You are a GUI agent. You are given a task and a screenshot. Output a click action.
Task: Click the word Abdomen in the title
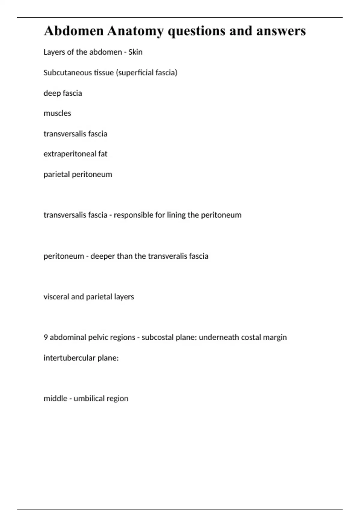pyautogui.click(x=74, y=31)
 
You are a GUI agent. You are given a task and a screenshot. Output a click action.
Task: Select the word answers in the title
pyautogui.click(x=281, y=31)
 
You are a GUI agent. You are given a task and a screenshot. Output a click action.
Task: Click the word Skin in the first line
pyautogui.click(x=135, y=52)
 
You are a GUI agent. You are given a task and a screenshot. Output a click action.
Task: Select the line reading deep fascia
pyautogui.click(x=63, y=93)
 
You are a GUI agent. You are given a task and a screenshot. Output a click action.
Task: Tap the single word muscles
pyautogui.click(x=57, y=113)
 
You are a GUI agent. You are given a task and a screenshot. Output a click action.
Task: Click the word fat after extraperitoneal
pyautogui.click(x=103, y=154)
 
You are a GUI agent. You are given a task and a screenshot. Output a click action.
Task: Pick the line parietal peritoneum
pyautogui.click(x=78, y=174)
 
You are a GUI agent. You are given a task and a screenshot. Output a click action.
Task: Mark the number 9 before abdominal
pyautogui.click(x=46, y=337)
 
